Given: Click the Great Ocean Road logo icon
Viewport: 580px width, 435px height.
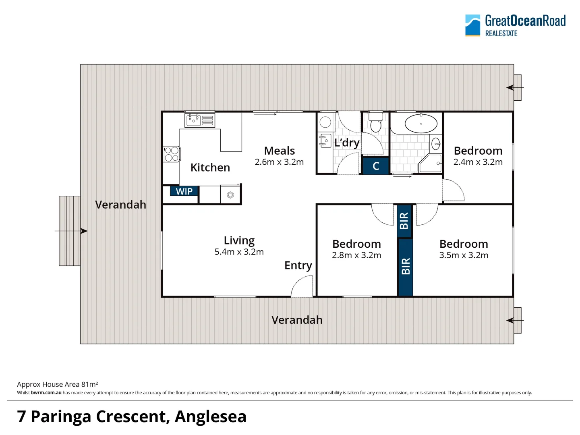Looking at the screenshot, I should click(472, 25).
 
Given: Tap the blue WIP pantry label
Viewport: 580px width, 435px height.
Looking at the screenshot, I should click(184, 191).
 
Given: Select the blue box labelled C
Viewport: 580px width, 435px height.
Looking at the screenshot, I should click(376, 166).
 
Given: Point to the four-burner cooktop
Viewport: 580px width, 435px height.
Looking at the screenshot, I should click(172, 154).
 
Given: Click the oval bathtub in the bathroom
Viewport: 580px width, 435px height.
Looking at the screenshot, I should click(421, 124).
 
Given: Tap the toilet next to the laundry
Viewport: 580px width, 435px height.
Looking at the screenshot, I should click(376, 122).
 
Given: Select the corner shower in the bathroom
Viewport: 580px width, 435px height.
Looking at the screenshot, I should click(430, 163).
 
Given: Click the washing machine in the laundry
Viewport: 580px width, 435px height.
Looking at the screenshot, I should click(325, 122).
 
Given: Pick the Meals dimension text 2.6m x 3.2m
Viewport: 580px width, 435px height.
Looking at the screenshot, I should click(279, 162).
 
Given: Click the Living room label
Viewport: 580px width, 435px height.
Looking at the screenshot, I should click(239, 240).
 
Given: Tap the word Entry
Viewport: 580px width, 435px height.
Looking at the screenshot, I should click(298, 265).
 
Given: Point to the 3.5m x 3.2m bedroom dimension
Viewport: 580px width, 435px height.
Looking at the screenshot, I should click(464, 255).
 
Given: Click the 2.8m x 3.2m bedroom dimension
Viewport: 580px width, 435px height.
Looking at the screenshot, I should click(356, 255).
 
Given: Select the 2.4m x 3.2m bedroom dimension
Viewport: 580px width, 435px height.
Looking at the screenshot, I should click(478, 162).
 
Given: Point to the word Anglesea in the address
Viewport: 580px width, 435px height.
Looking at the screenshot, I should click(210, 416).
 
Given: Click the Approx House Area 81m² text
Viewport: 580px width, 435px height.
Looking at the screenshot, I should click(58, 384).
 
